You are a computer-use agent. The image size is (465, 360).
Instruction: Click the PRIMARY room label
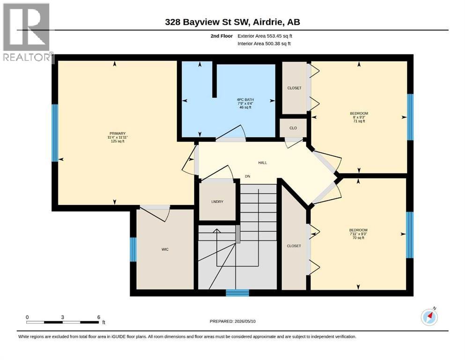(118, 134)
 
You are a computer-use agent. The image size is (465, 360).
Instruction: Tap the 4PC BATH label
(245, 100)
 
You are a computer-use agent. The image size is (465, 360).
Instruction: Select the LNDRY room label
(217, 202)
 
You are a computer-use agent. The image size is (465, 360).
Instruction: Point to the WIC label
(165, 249)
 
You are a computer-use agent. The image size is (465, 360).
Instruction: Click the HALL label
(262, 163)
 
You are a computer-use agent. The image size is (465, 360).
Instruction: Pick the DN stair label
(248, 176)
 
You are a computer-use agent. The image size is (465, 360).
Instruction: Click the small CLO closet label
(293, 128)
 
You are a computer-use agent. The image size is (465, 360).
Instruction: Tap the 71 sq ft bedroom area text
(359, 121)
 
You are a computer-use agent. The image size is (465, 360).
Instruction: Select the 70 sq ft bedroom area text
(358, 238)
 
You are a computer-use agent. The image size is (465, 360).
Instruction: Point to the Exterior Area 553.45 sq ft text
(265, 36)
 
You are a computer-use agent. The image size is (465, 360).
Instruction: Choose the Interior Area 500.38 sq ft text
(264, 44)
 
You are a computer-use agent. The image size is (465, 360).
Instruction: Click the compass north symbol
(429, 316)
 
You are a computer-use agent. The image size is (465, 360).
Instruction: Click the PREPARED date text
(232, 321)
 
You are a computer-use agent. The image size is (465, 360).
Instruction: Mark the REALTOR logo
(27, 32)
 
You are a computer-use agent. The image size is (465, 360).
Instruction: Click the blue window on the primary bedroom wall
(55, 133)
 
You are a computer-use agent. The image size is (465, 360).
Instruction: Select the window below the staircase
(237, 293)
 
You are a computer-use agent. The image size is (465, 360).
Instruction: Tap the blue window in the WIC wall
(133, 249)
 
